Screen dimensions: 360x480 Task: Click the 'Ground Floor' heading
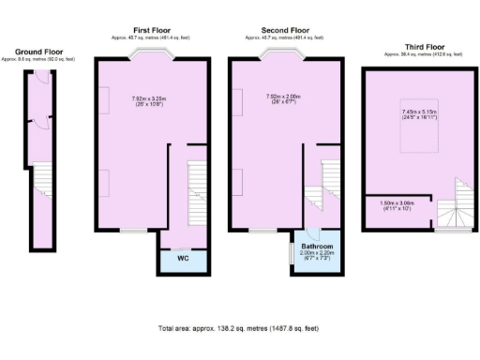[38, 52]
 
